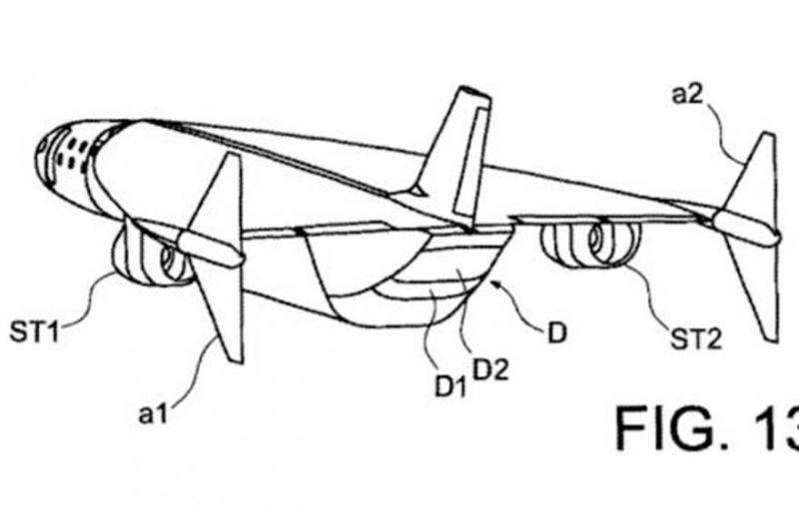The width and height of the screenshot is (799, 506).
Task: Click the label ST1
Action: click(x=34, y=332)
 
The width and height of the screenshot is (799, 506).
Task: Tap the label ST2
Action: click(x=696, y=338)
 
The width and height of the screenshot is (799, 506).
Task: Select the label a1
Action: click(x=153, y=414)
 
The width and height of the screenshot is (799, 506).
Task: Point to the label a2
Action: click(x=687, y=94)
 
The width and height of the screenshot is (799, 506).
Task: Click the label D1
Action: click(x=450, y=387)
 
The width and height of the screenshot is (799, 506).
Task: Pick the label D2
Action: click(x=490, y=370)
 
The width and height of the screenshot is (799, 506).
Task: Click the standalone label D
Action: click(x=557, y=333)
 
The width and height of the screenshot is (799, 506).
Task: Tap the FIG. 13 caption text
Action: click(x=707, y=427)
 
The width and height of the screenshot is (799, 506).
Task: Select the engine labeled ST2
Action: click(x=591, y=245)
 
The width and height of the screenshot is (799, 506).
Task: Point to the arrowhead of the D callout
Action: click(x=493, y=280)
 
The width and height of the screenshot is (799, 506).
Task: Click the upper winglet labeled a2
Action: click(x=753, y=173)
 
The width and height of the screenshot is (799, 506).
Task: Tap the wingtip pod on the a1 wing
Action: click(x=210, y=250)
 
